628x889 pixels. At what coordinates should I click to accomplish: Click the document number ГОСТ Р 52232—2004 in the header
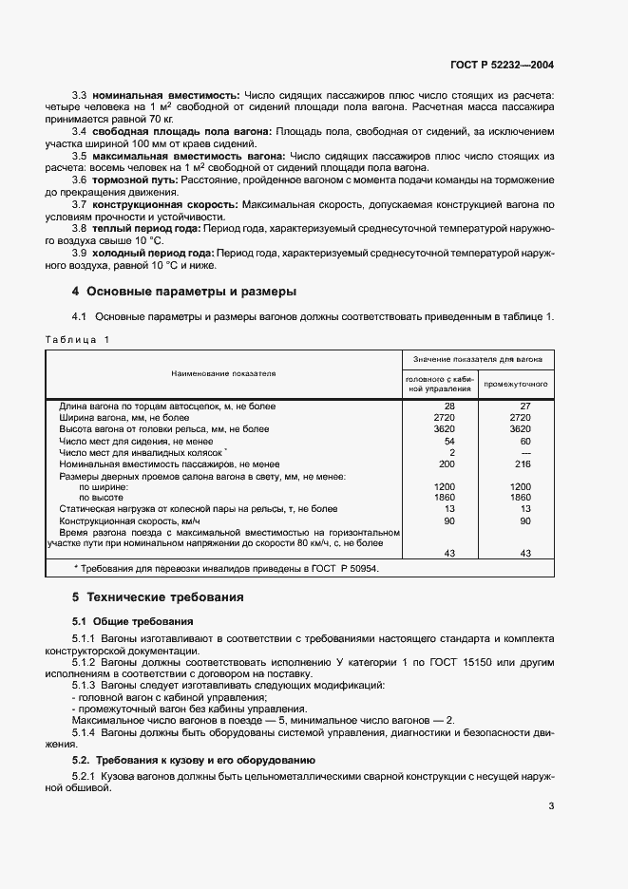click(x=502, y=66)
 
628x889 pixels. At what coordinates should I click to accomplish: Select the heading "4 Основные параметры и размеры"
click(x=184, y=291)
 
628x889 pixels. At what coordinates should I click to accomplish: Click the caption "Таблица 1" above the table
click(x=78, y=340)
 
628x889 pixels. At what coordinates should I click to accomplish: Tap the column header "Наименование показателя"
click(x=223, y=373)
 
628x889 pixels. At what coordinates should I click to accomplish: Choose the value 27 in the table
click(x=519, y=407)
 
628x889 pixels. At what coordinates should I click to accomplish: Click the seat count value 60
click(x=519, y=442)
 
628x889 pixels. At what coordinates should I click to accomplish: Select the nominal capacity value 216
click(x=519, y=464)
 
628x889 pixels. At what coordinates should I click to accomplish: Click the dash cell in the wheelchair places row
click(x=519, y=453)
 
